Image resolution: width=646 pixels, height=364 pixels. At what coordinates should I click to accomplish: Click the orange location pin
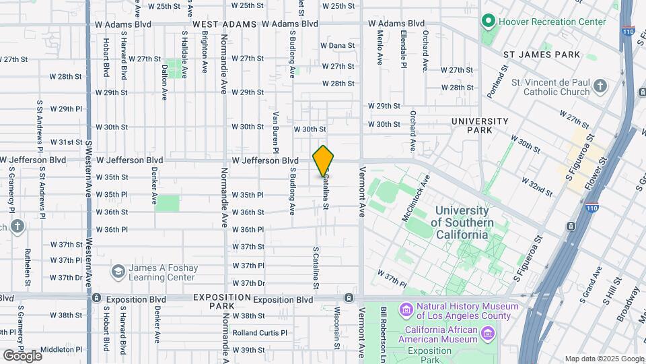click(x=323, y=161)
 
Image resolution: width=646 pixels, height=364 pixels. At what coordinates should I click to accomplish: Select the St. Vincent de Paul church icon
click(x=600, y=86)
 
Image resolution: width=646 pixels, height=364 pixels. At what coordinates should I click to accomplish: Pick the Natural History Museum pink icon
click(x=406, y=311)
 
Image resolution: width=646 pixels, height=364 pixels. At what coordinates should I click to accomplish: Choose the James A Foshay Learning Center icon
click(x=118, y=272)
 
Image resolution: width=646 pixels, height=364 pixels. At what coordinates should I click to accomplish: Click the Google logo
click(x=22, y=355)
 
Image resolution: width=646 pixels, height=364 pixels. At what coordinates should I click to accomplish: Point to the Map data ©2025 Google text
click(x=604, y=359)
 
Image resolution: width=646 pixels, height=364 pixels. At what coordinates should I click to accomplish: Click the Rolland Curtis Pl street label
click(x=260, y=332)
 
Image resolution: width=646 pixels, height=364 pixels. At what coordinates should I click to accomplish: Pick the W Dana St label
click(x=338, y=46)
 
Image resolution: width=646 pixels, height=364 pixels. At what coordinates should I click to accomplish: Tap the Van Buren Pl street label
click(x=275, y=127)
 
